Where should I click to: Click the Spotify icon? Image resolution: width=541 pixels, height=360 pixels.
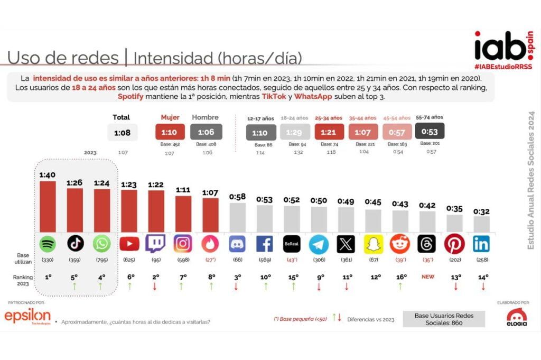point(48,244)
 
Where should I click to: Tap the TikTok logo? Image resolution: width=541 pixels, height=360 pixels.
point(75,244)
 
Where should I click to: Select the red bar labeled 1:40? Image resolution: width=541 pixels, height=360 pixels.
point(48,206)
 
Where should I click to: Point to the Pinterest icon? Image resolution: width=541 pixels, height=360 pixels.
point(454,244)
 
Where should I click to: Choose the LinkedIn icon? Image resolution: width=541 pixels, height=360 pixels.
point(481,244)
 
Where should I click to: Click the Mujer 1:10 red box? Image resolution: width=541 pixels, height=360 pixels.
point(170,132)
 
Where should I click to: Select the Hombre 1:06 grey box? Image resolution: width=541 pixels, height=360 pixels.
point(206,132)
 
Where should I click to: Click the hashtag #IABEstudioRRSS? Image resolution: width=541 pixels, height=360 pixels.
point(503,67)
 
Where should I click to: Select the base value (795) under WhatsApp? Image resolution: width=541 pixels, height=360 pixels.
point(102,260)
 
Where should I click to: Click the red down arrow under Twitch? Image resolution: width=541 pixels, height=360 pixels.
point(156,287)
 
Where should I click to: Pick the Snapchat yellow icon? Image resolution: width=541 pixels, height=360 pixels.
point(373,244)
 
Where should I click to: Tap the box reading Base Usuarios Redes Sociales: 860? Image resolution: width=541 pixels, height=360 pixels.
point(444,319)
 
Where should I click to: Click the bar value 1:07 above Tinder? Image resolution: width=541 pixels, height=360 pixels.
point(210,192)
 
